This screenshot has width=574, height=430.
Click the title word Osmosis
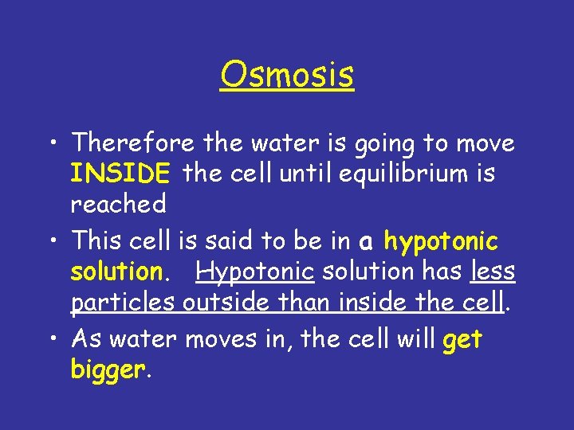pyautogui.click(x=287, y=76)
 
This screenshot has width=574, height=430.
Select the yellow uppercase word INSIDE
pyautogui.click(x=120, y=174)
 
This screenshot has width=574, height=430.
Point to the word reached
pyautogui.click(x=118, y=204)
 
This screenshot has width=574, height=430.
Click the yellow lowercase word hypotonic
pyautogui.click(x=441, y=241)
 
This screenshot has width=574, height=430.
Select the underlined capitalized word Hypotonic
pyautogui.click(x=256, y=272)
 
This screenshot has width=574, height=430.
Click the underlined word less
pyautogui.click(x=493, y=272)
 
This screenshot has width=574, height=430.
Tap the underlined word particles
pyautogui.click(x=124, y=303)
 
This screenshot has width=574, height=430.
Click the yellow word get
pyautogui.click(x=462, y=340)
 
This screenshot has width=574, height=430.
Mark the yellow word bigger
pyautogui.click(x=108, y=370)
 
